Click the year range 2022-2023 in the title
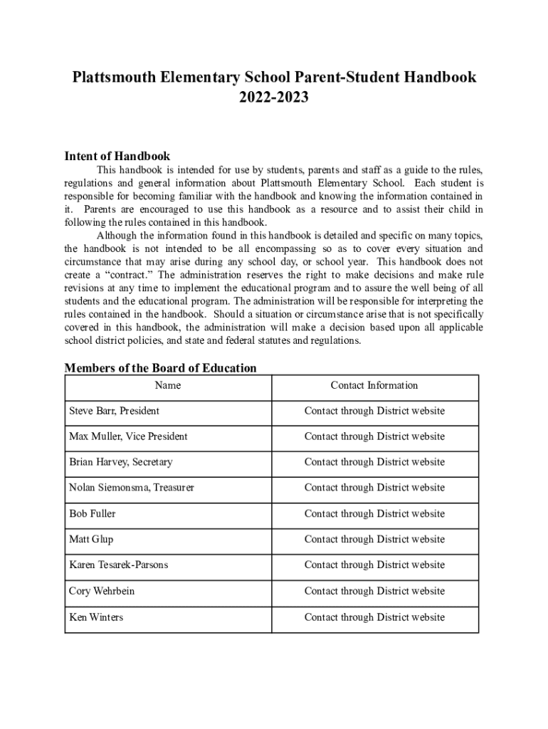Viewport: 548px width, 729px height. coord(274,98)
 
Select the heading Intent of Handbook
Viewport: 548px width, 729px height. coord(117,156)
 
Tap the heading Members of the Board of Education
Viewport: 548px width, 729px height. coord(160,368)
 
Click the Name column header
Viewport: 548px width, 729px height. coord(168,385)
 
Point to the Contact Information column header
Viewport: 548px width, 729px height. coord(374,385)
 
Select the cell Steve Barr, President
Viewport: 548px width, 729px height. coord(114,411)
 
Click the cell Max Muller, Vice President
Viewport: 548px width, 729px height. coord(128,436)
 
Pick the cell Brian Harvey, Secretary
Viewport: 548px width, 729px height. coord(120,462)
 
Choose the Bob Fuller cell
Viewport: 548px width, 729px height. coord(92,513)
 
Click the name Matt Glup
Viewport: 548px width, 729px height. coord(91,540)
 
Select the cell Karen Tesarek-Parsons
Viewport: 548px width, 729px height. coord(119,565)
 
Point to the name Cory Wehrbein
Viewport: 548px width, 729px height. coord(102,591)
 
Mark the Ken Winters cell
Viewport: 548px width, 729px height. coord(96,617)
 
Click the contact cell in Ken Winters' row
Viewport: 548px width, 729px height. coord(374,617)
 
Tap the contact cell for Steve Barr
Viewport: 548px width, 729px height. coord(374,411)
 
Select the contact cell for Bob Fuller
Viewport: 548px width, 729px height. coord(374,513)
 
